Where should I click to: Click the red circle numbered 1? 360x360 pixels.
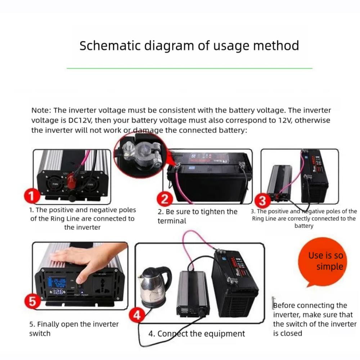[32, 196]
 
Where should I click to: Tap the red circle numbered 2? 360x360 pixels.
[165, 199]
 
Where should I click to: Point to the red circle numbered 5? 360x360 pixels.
[33, 301]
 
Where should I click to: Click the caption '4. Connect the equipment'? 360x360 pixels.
[197, 334]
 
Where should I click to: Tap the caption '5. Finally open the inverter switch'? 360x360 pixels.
[74, 329]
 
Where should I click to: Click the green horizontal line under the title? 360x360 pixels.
[189, 68]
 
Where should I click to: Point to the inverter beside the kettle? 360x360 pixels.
[192, 293]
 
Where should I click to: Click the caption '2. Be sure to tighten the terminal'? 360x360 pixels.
[197, 216]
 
